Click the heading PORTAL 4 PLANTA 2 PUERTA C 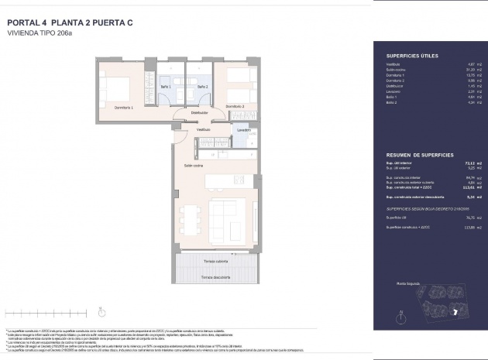point(70,22)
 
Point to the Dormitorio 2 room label point(235,106)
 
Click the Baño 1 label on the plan point(166,87)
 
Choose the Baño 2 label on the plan point(202,87)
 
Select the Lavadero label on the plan point(243,130)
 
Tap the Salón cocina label point(194,166)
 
